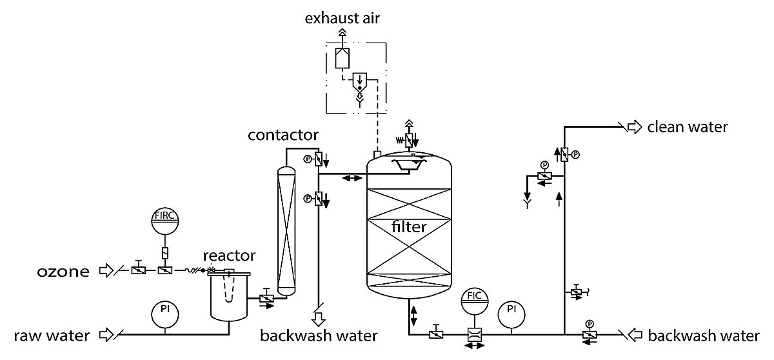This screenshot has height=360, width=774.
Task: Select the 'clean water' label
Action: [688, 127]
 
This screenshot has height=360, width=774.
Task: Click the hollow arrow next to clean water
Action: [635, 127]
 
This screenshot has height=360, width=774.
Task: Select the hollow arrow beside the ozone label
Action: [104, 271]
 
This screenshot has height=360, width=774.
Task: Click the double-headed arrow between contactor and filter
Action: [351, 177]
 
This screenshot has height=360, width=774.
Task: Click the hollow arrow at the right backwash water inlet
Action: [637, 335]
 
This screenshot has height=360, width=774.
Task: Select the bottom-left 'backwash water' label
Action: [319, 335]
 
